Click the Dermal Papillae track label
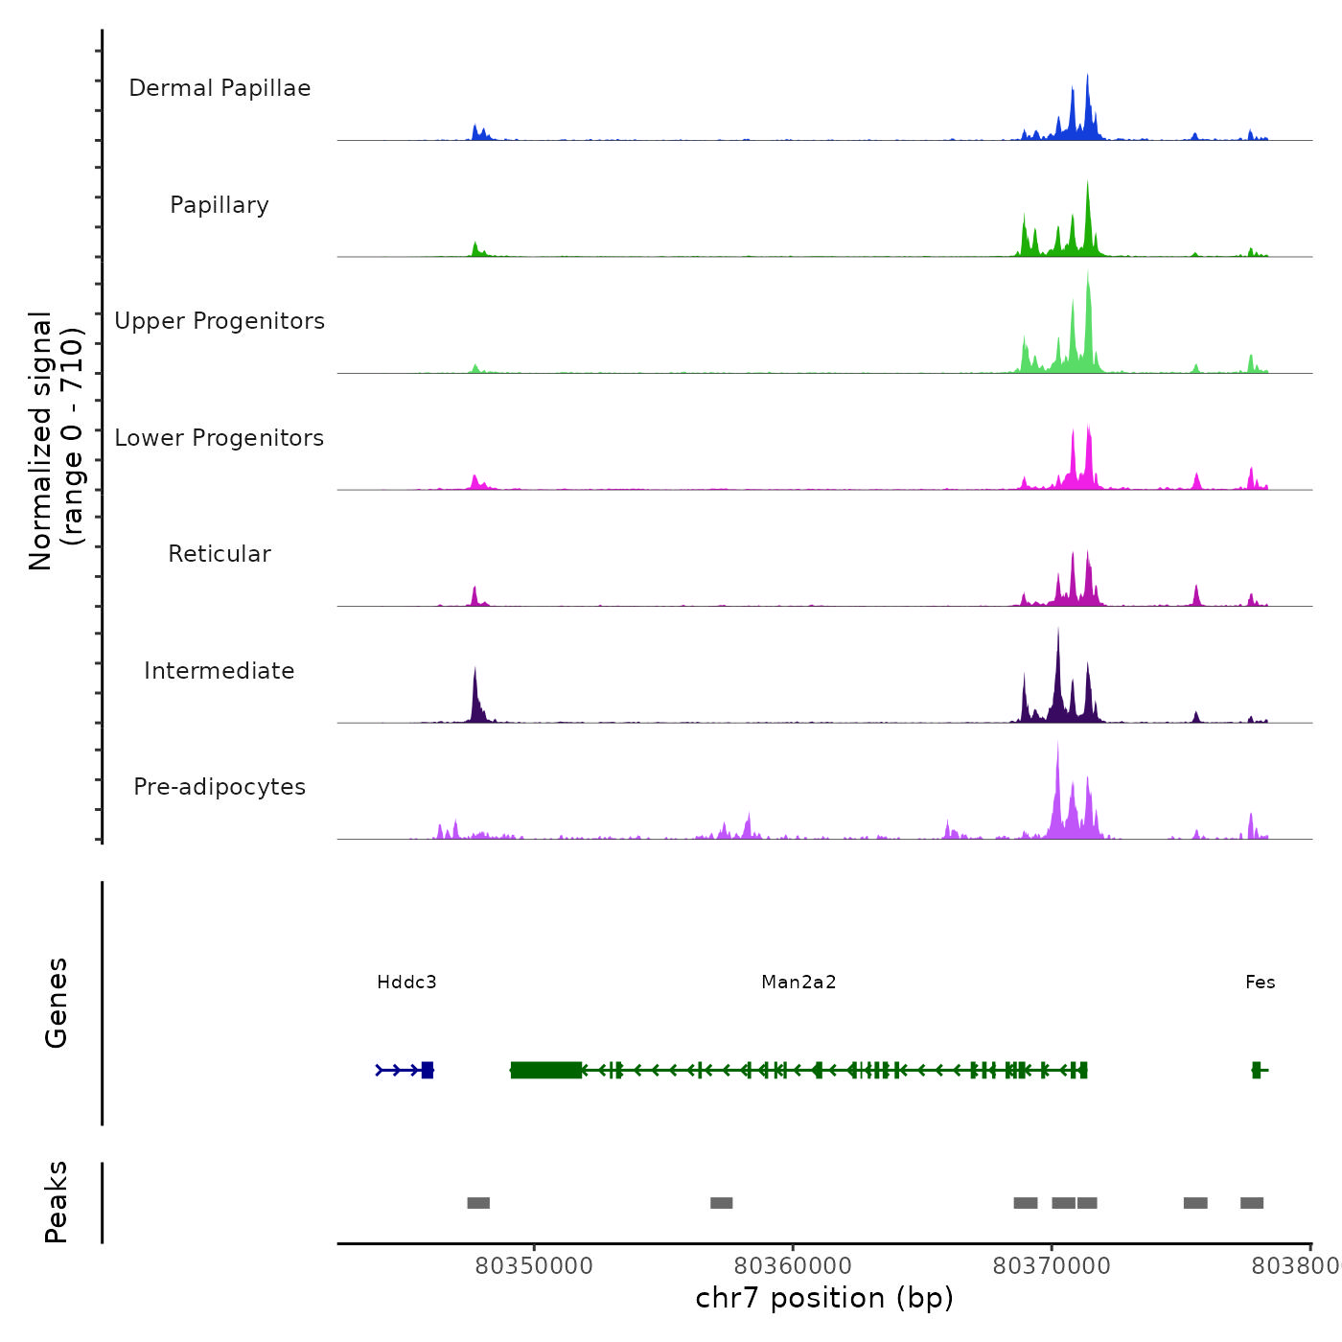pos(220,88)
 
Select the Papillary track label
pos(220,205)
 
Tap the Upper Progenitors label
pos(220,321)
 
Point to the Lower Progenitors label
pos(220,438)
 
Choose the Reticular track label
pos(220,554)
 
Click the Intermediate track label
pos(220,671)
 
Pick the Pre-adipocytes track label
pos(220,787)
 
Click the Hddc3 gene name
pos(406,982)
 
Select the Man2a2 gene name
pos(798,982)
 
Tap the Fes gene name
pos(1260,982)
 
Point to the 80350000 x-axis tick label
pos(534,1266)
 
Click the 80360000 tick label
pos(793,1266)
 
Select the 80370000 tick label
pos(1052,1266)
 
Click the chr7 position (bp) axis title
pos(824,1298)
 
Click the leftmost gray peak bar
pos(478,1203)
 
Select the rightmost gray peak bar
pos(1252,1203)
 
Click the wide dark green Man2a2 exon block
pos(546,1070)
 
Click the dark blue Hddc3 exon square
pos(428,1070)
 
